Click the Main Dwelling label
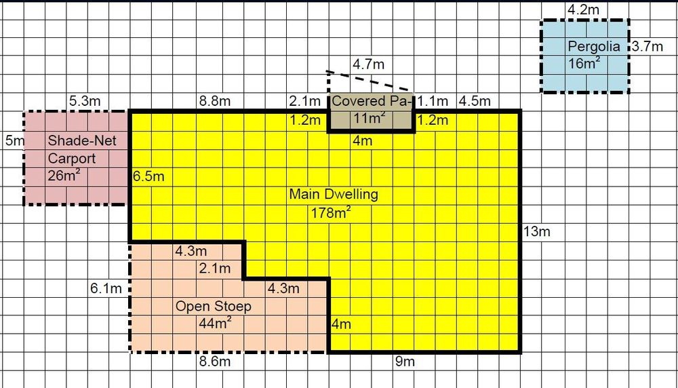(334, 194)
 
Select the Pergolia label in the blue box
(594, 47)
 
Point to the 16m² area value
(584, 64)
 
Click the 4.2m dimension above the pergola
(583, 10)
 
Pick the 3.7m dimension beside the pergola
(647, 46)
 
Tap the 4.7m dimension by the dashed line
(368, 64)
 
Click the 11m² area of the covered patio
(370, 118)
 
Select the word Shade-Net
(82, 140)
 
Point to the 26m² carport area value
(64, 176)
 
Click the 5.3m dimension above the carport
(85, 101)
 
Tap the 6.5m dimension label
(148, 176)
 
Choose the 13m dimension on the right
(536, 232)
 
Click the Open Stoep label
(213, 306)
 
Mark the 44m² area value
(215, 323)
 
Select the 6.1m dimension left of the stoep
(106, 288)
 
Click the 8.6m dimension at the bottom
(215, 362)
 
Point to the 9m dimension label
(405, 362)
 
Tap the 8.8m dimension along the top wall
(215, 101)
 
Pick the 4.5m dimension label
(475, 101)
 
